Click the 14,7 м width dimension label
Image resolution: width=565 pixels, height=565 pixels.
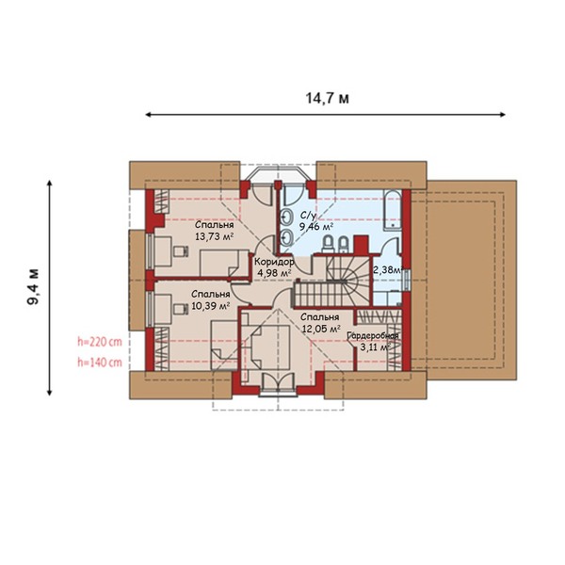pos(327,98)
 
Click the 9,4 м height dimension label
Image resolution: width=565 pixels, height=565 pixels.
pos(33,287)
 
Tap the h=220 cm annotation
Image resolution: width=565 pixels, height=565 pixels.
pos(100,342)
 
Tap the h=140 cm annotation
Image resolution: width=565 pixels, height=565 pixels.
pos(100,363)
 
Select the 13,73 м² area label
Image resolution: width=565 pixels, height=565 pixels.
pos(215,236)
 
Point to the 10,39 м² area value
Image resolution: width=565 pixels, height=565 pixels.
pos(211,306)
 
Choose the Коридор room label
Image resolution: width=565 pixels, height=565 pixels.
pos(274,261)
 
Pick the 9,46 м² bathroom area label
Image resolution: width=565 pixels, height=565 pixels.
pos(316,227)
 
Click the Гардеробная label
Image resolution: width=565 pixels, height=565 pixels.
pos(373,336)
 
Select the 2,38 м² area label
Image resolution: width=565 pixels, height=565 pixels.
pos(387,270)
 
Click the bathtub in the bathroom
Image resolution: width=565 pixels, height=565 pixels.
pos(393,211)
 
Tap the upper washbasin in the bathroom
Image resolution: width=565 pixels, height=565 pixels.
pos(287,217)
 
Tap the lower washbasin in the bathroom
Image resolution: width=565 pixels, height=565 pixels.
pos(287,237)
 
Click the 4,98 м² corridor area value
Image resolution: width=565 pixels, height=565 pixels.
pos(274,273)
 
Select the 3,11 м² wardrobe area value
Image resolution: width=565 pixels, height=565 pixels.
pos(376,347)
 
